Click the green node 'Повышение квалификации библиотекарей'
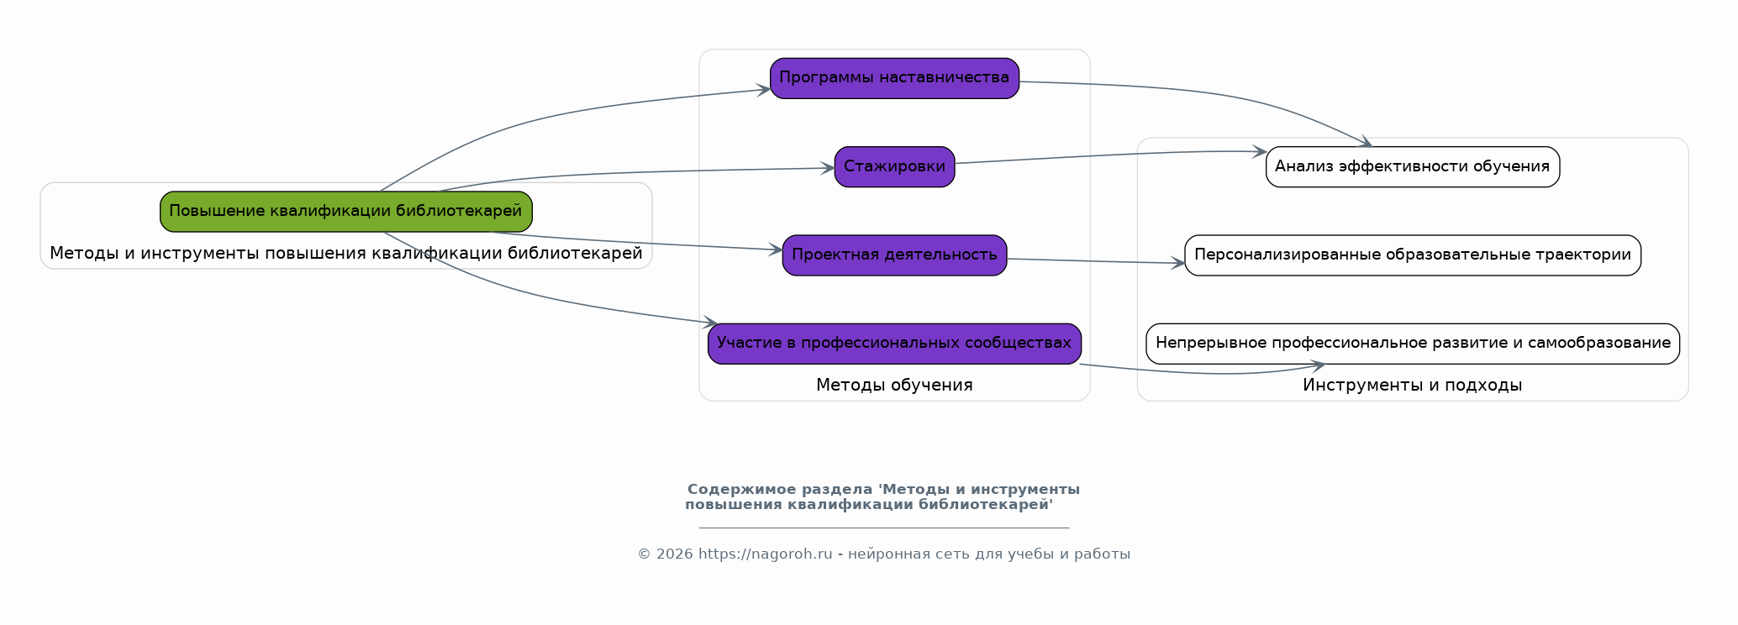345,212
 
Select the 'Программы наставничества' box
894,78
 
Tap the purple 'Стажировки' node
894,166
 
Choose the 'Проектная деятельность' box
894,255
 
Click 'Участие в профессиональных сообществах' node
894,344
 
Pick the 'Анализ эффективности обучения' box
1412,166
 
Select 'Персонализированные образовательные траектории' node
1412,255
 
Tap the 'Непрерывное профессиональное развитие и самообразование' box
1412,344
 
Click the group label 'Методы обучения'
894,386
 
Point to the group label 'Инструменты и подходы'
1412,386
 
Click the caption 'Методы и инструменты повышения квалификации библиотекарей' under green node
345,254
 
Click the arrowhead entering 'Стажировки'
828,169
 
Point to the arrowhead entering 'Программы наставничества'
764,89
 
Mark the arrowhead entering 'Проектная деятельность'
776,249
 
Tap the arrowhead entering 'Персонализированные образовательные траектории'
1178,264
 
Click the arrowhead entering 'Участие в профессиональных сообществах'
711,323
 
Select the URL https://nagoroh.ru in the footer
765,554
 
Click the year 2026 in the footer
674,554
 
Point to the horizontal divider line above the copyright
883,528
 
